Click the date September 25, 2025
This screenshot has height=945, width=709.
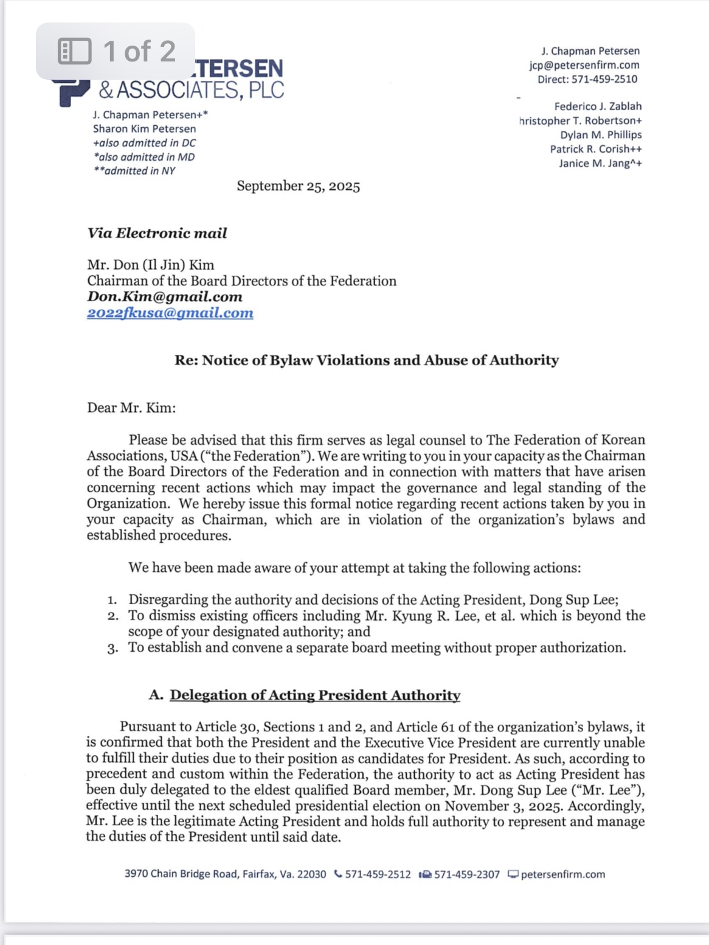(298, 186)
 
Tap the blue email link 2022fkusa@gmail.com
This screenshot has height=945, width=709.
(170, 313)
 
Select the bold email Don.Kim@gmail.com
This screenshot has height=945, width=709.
(165, 297)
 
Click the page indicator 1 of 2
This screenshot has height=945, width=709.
(116, 51)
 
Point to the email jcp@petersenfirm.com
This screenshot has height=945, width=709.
(584, 65)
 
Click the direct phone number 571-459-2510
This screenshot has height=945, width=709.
(604, 79)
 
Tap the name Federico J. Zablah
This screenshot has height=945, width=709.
(598, 106)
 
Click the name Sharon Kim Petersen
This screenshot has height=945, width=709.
(144, 129)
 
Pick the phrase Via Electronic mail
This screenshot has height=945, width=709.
(157, 234)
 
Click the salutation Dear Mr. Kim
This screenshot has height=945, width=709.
(131, 408)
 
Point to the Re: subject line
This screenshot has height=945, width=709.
(367, 360)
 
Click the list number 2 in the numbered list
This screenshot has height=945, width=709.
(113, 616)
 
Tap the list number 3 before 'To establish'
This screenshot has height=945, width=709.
(113, 648)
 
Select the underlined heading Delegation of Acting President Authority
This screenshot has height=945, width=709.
(315, 696)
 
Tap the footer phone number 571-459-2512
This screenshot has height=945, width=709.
(378, 874)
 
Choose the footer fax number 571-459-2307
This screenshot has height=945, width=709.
(466, 874)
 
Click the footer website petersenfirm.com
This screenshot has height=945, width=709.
(562, 874)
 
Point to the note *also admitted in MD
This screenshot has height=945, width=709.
(144, 157)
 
